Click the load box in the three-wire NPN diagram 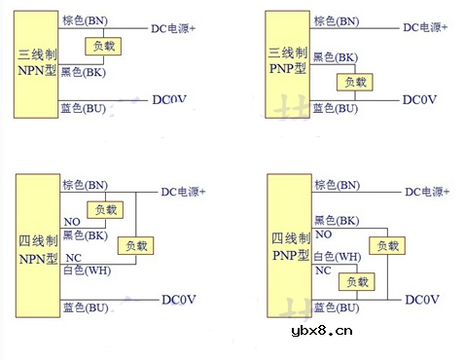pos(103,46)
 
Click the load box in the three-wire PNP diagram pos(351,83)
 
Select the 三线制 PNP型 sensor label pos(288,56)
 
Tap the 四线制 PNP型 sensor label pos(290,247)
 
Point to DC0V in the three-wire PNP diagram pos(419,100)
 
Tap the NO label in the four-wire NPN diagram pos(72,222)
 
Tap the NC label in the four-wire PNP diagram pos(322,270)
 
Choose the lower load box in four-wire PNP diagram pos(354,282)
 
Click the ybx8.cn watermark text pos(321,331)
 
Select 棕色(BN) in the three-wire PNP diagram pos(336,20)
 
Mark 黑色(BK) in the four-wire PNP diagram pos(337,221)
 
